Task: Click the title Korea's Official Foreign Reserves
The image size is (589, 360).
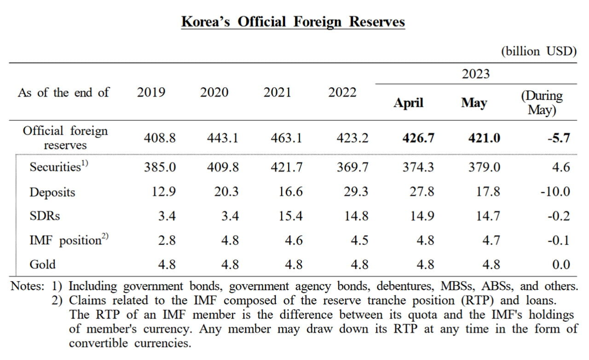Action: coord(293,22)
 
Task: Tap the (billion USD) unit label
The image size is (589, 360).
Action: coord(538,51)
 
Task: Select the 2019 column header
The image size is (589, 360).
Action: coord(151,93)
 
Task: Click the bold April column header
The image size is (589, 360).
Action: coord(408,103)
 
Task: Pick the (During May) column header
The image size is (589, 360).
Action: coord(542,103)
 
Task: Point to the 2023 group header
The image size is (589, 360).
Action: coord(476,74)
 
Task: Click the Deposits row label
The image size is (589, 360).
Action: coord(52,192)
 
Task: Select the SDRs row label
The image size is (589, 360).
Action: coord(45,215)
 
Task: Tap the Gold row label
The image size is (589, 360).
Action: coord(42,264)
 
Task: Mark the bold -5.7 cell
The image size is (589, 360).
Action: coord(559,138)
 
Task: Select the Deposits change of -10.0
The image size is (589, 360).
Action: coord(555,192)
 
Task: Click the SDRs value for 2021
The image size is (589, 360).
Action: coord(290,215)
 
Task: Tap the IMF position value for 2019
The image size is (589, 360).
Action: coord(167,240)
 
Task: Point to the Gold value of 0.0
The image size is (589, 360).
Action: coord(561,264)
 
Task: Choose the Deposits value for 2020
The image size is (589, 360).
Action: coord(226,192)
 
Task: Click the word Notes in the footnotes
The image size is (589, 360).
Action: coord(28,286)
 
